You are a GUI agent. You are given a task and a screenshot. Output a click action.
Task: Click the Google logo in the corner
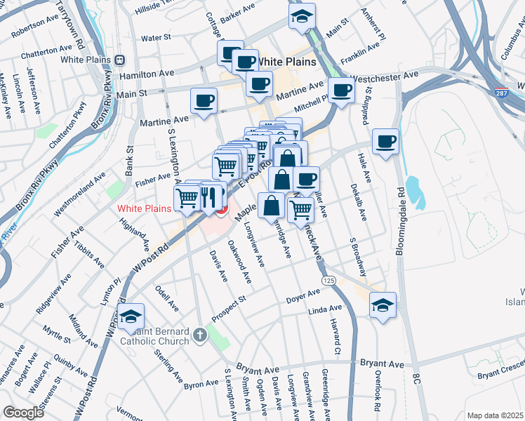coord(23,413)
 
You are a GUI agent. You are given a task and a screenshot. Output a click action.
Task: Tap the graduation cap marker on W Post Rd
coord(131,316)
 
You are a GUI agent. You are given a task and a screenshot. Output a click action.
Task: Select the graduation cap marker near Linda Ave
coord(383,305)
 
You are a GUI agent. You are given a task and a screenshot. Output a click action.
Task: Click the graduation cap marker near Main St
coord(302,16)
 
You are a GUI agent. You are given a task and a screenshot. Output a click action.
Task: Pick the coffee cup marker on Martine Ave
coord(204,101)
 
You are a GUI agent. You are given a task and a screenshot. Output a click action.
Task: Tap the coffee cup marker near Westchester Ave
coord(341,90)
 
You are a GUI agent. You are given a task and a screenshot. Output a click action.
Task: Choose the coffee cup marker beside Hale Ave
coord(385,142)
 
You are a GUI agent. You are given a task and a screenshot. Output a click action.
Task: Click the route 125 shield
coord(328,281)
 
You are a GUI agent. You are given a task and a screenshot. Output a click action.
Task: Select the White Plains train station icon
coord(120,60)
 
